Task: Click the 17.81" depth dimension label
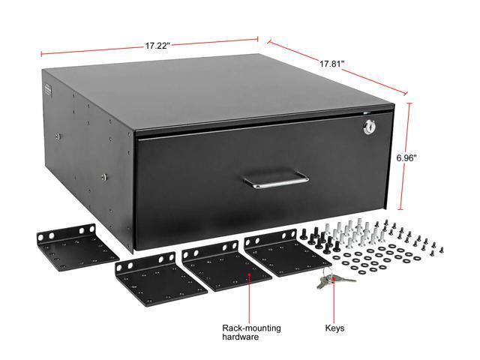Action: pyautogui.click(x=331, y=64)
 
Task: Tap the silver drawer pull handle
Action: pyautogui.click(x=275, y=180)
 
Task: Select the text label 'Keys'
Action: pyautogui.click(x=335, y=328)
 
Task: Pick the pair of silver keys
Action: pyautogui.click(x=328, y=282)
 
